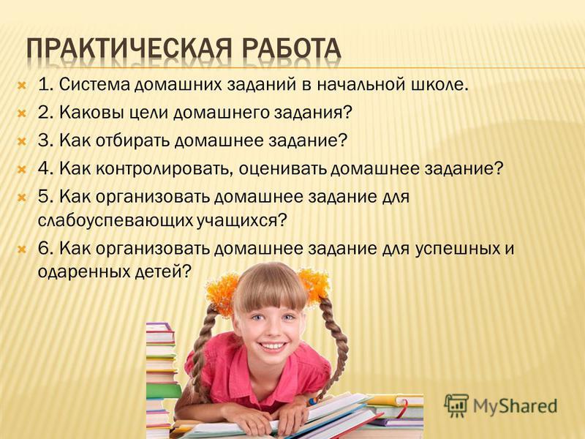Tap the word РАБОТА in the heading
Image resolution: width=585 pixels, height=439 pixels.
click(x=291, y=49)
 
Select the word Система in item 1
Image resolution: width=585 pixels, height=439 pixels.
click(x=94, y=85)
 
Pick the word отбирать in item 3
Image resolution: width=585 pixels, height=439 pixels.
click(x=135, y=140)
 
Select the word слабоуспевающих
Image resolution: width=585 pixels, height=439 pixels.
click(x=116, y=221)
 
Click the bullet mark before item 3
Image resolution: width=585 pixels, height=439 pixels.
click(x=22, y=141)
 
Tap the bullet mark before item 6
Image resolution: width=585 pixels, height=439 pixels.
click(x=22, y=249)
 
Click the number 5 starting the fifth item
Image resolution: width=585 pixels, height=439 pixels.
click(x=45, y=197)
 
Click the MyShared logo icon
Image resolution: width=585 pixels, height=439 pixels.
click(x=456, y=405)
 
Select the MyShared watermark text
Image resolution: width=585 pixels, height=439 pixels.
click(x=516, y=407)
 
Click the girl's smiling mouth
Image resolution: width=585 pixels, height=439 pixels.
click(x=273, y=346)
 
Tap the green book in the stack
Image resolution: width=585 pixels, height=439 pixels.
click(x=163, y=391)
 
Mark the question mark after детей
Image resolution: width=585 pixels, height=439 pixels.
click(x=186, y=272)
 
